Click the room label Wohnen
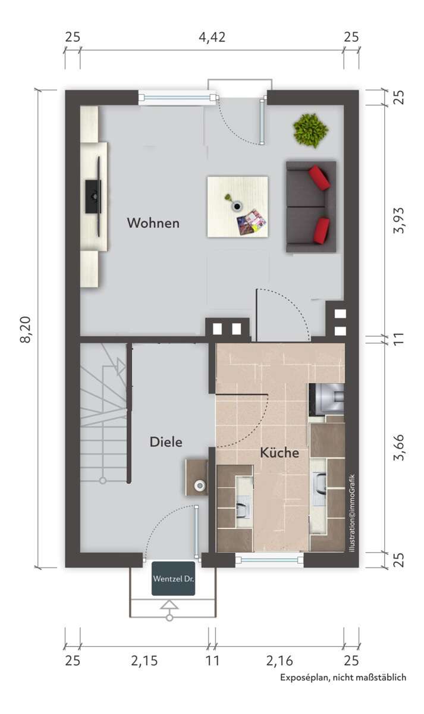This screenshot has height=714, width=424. coord(153,223)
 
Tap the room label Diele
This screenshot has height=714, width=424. coord(165,442)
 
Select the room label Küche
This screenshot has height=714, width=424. coord(279,452)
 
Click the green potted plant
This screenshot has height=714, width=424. coord(310,130)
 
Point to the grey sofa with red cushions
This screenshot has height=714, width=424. coord(310,206)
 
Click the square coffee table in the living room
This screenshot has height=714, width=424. coord(237,206)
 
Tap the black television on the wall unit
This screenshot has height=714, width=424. coord(93,196)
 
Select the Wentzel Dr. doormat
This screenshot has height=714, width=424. coord(173,578)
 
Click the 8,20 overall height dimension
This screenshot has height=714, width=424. coord(27,329)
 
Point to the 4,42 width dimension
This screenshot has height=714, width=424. coord(212,37)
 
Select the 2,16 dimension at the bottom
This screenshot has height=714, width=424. coord(279,660)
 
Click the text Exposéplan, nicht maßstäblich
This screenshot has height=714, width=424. coord(343,677)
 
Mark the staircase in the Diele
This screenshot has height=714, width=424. coord(103,411)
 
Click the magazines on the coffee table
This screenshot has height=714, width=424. coord(251,221)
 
